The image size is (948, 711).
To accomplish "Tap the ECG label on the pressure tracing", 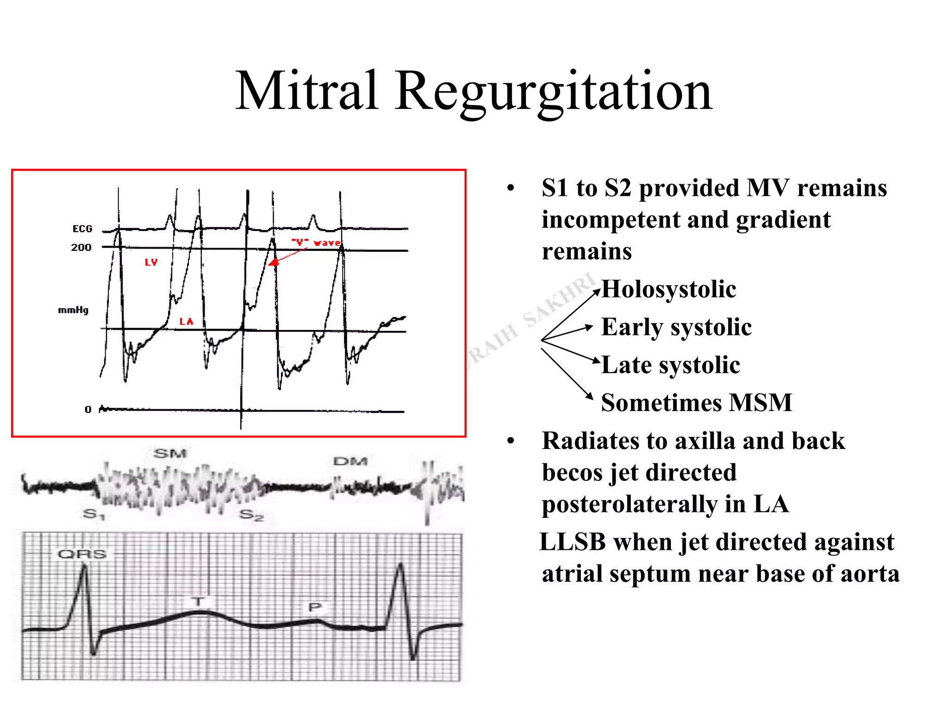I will pos(82,229).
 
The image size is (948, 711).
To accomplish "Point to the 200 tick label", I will pos(81,247).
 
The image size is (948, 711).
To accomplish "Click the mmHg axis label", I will pos(73,310).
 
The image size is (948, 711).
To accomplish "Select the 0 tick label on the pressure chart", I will pos(88,409).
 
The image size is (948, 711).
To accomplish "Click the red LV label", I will pos(151,262).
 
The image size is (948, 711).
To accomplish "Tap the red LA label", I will pos(186,321).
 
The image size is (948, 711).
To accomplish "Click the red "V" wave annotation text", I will pos(316,243).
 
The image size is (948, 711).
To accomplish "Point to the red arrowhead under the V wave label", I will pos(274,262).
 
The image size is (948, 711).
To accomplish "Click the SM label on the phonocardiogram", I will pos(170,453).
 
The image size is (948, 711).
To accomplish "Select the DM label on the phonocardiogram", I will pos(350,461).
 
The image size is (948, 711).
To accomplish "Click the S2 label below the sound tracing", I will pos(252,515).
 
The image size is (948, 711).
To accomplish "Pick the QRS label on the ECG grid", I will pos(82,554).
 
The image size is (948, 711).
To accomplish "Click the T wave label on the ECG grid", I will pos(198,602).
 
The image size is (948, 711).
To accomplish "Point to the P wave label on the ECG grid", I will pos(315,607).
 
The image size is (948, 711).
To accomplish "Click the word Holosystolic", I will pos(668,289).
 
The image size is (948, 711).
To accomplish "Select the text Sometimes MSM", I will pos(696,402).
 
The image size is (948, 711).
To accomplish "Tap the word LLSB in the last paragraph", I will pos(573,542).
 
